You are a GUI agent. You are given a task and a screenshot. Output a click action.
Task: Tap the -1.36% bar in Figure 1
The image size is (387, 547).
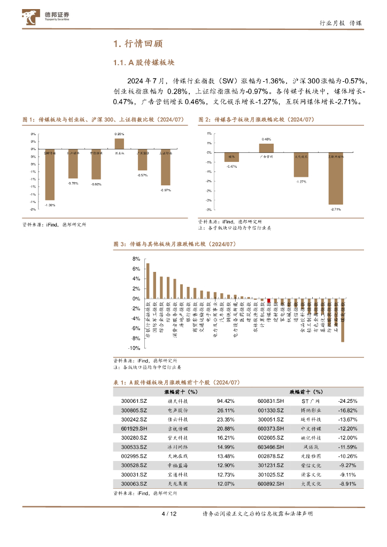point(50,174)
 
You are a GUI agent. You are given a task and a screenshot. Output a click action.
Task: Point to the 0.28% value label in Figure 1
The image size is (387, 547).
point(119,134)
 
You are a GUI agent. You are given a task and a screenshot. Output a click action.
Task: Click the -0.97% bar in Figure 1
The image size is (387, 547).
point(166,167)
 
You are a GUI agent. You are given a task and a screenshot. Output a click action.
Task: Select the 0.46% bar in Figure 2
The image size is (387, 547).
point(266,147)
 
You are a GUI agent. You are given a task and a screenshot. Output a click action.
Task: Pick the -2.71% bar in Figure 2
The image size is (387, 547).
point(336,178)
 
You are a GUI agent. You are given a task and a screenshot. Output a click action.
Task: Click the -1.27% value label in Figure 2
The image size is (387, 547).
point(301,182)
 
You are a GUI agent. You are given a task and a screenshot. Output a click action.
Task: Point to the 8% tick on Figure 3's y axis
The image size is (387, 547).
point(136,259)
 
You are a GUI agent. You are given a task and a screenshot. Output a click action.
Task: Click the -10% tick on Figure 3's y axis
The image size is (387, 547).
point(134,347)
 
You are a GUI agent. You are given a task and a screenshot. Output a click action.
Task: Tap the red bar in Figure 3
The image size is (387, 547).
point(269,301)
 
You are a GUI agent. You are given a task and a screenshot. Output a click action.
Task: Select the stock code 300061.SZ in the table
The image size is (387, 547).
point(133,401)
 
